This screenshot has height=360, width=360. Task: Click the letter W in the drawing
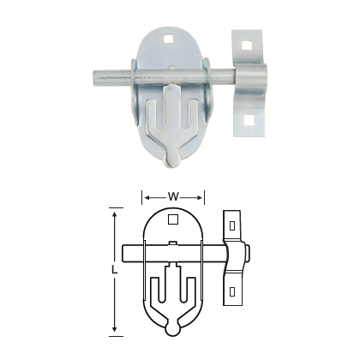point(173,196)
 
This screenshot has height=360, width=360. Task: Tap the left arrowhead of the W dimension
point(144,196)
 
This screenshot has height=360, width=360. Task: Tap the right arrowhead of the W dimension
point(202,196)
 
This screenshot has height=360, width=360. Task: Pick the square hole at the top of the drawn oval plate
point(173,220)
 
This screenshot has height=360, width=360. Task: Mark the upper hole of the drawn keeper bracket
point(231,225)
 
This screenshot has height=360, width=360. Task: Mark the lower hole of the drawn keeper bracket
point(231,291)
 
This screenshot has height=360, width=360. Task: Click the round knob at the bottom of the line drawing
point(173,326)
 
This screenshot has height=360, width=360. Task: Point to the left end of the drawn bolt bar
point(125,254)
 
